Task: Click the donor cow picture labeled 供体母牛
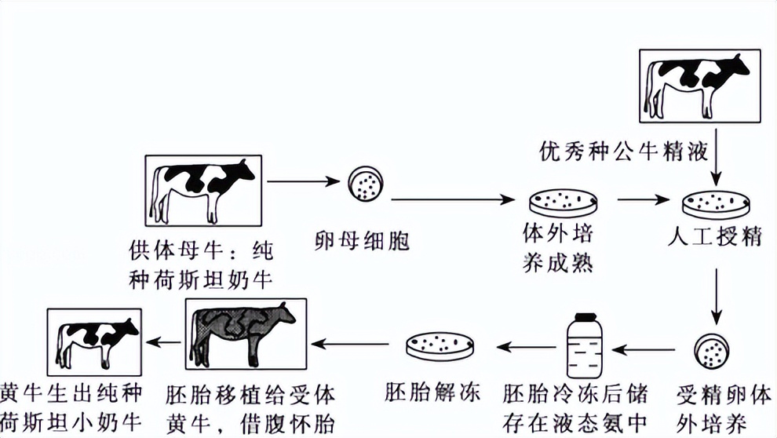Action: tap(206, 190)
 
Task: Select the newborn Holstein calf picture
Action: tap(94, 341)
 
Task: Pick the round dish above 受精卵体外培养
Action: tap(712, 350)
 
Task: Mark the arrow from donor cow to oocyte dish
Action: tap(301, 182)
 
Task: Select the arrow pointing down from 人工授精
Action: tap(716, 297)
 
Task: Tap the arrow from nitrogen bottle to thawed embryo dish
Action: tap(523, 345)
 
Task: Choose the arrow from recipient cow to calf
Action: tap(163, 341)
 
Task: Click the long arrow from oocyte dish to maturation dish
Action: tap(453, 199)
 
